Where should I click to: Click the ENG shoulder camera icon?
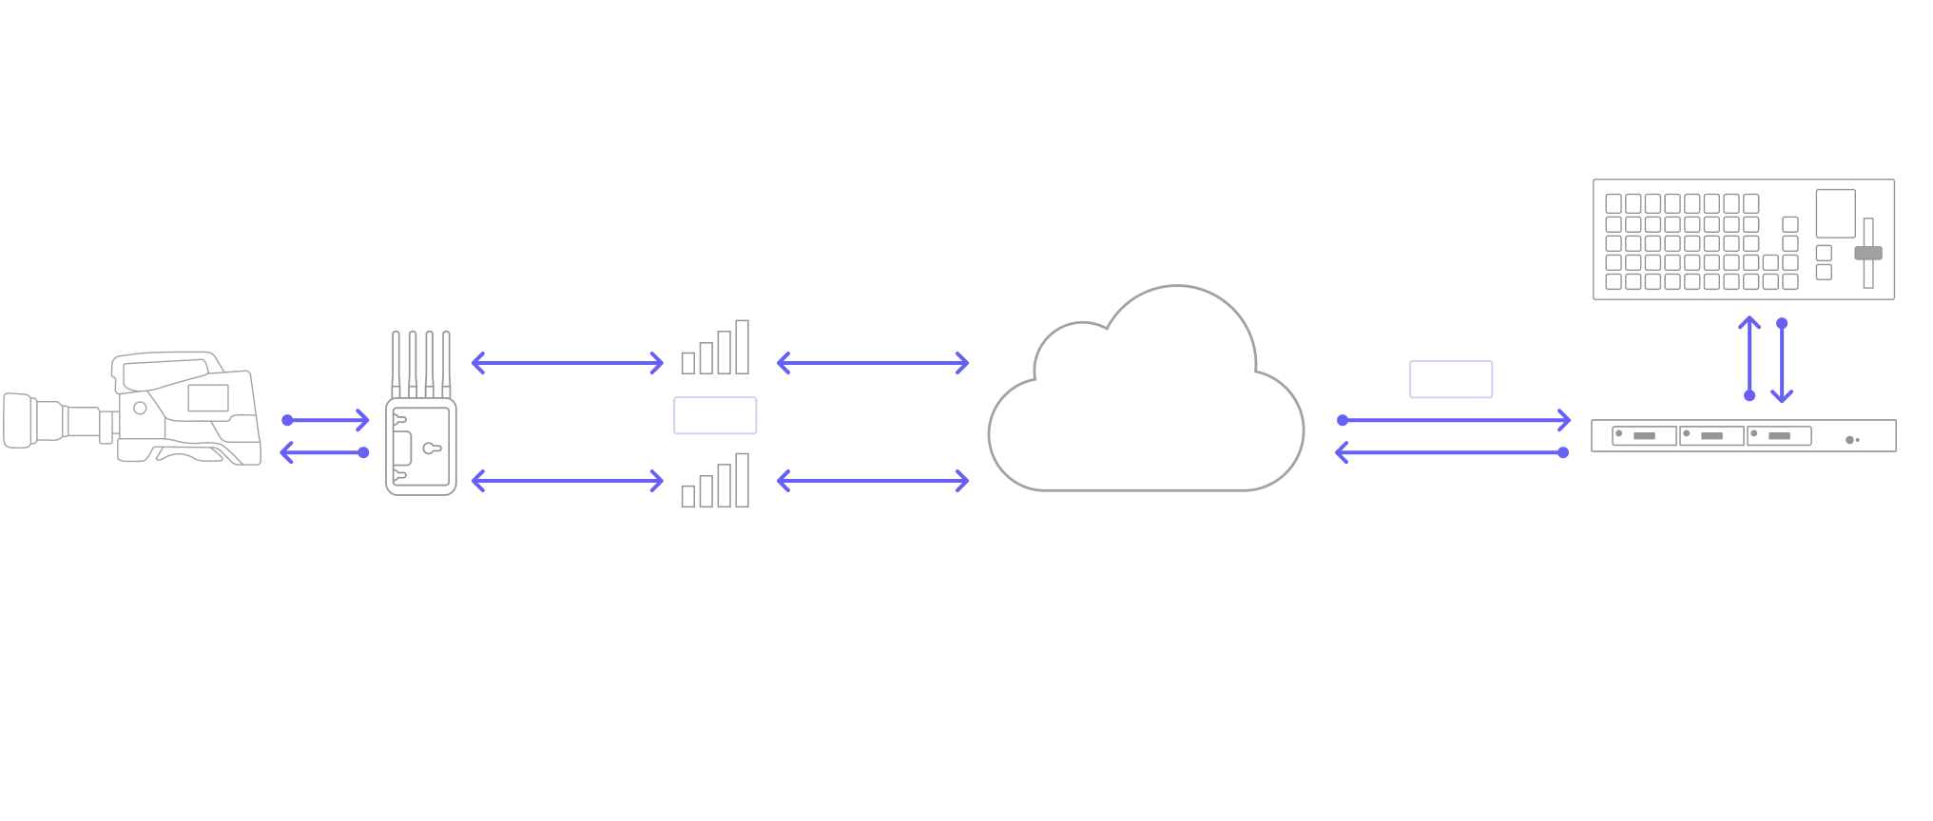(x=133, y=409)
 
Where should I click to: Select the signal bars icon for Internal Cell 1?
(x=716, y=349)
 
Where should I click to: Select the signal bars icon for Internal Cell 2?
(x=716, y=482)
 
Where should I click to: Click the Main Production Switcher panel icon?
(x=1744, y=239)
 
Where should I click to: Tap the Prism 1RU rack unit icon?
(x=1744, y=436)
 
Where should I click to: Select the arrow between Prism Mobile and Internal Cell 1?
(x=567, y=362)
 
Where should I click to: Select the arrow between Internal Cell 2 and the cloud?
(x=873, y=481)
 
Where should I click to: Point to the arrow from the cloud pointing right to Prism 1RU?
(x=1453, y=420)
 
